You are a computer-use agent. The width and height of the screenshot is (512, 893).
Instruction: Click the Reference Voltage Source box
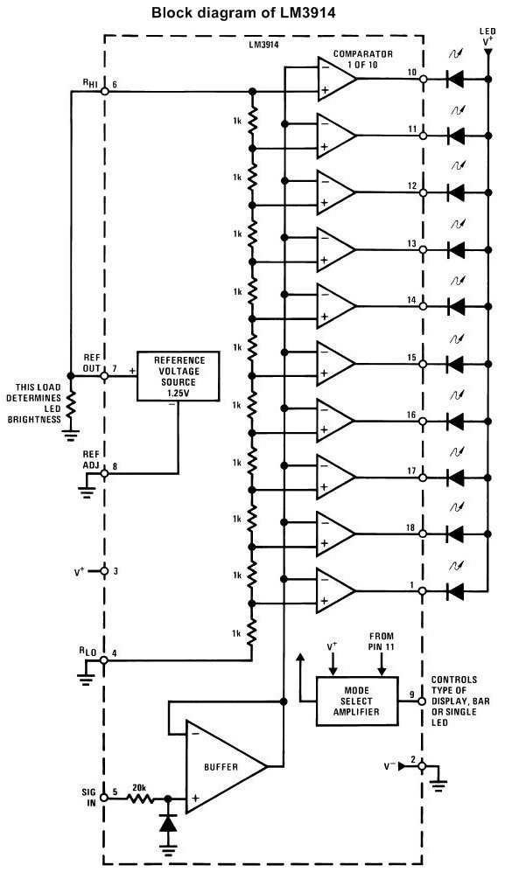[179, 376]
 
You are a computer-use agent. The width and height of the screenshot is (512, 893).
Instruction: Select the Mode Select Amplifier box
[357, 701]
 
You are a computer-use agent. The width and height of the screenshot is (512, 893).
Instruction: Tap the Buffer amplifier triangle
[226, 766]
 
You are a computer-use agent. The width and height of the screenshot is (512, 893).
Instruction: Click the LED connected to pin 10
[456, 80]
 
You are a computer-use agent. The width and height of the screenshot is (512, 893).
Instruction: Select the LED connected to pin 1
[456, 590]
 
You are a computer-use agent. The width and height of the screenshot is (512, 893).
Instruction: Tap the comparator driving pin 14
[336, 306]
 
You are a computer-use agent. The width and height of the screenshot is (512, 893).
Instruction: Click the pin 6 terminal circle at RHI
[104, 91]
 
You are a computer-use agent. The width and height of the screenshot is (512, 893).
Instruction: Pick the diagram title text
[243, 12]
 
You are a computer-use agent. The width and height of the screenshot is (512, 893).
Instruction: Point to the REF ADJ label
[91, 460]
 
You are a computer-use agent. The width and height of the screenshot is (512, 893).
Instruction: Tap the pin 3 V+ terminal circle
[104, 570]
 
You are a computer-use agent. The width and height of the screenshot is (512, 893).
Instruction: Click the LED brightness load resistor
[71, 403]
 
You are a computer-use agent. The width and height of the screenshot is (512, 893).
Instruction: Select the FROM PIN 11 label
[382, 641]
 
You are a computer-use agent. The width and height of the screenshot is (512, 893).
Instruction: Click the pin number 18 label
[410, 528]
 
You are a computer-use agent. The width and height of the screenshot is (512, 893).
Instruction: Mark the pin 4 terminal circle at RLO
[104, 660]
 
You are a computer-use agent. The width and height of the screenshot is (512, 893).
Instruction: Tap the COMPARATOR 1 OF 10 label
[362, 59]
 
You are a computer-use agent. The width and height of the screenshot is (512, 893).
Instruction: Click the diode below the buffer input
[168, 822]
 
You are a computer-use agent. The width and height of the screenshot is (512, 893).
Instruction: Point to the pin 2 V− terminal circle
[423, 766]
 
